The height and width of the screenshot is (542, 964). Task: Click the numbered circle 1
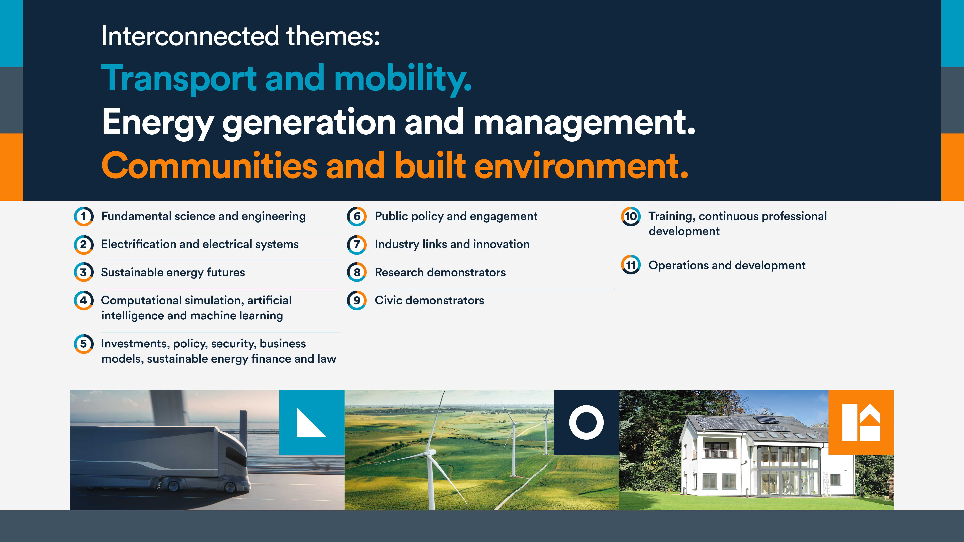click(x=84, y=216)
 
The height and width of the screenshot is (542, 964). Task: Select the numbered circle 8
click(x=357, y=272)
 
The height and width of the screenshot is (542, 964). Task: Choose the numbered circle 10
click(x=631, y=216)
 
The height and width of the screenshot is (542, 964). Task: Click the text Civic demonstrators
click(x=429, y=300)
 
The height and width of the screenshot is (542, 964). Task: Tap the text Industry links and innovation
click(x=452, y=244)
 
